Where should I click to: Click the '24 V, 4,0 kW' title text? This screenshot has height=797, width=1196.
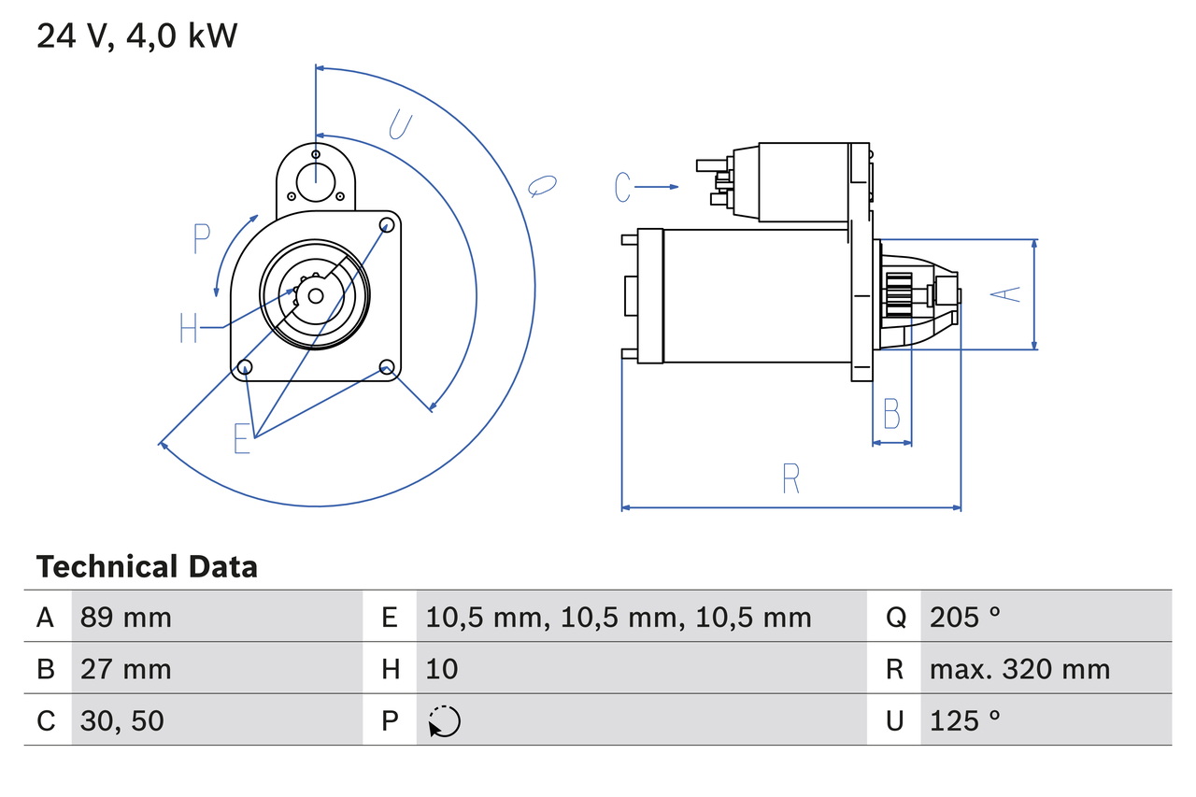(x=136, y=36)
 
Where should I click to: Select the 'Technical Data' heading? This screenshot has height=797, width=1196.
(x=147, y=567)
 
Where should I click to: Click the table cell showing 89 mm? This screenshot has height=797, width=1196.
(x=125, y=617)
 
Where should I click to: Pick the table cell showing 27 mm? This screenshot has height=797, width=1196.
(x=125, y=669)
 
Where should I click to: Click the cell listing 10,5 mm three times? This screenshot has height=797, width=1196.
(x=619, y=617)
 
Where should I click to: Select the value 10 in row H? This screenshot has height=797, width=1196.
(x=442, y=669)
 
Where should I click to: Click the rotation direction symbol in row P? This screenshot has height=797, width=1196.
(x=444, y=721)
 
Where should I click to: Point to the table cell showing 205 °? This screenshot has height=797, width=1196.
(x=965, y=617)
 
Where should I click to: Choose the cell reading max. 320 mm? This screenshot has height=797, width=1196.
(x=1019, y=669)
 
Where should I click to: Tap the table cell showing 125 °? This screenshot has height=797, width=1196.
(x=965, y=720)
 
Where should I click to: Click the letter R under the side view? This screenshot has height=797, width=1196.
(x=790, y=478)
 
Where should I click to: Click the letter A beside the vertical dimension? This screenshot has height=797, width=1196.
(x=1005, y=293)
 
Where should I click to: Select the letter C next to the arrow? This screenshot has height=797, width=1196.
(x=623, y=188)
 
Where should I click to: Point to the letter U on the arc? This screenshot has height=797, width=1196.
(x=400, y=124)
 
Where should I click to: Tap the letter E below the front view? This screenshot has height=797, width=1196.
(x=242, y=438)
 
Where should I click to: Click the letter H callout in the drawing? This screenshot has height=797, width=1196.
(x=189, y=328)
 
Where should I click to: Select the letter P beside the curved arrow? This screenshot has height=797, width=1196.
(x=201, y=239)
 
